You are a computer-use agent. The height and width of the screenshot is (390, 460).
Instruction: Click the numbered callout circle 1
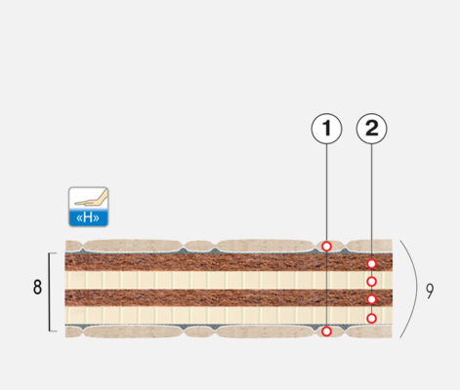click(326, 129)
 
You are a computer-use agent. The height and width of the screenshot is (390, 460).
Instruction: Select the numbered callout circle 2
click(372, 129)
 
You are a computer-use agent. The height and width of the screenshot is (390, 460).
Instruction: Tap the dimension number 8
click(37, 288)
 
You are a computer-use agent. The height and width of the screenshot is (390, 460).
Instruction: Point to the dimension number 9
click(430, 291)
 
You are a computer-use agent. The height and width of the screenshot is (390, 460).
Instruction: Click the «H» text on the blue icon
click(88, 217)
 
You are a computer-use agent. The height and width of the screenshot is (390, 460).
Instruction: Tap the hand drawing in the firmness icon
click(92, 199)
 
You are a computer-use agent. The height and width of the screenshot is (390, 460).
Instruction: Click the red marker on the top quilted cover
click(326, 247)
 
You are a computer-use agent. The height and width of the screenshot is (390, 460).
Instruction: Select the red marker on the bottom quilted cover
click(326, 331)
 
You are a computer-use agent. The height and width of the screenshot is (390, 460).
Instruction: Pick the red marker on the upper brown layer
click(371, 264)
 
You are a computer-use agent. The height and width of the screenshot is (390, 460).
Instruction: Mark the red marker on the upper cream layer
click(371, 282)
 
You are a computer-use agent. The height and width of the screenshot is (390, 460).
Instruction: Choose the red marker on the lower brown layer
click(371, 299)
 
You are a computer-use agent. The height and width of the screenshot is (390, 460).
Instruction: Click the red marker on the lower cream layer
click(371, 319)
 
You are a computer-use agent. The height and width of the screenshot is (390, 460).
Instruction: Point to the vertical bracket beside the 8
click(50, 292)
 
